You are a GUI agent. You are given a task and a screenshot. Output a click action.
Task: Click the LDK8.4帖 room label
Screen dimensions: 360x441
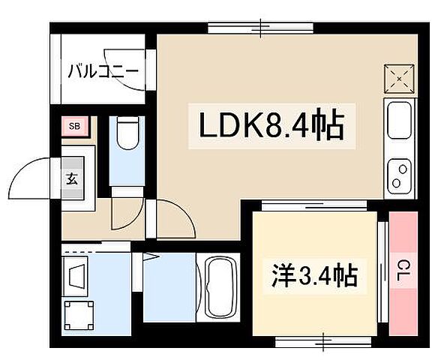coord(271,126)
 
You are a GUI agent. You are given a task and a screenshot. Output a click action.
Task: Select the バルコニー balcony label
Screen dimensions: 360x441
coord(102,72)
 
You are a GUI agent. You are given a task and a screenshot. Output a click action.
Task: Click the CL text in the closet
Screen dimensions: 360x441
coord(403,266)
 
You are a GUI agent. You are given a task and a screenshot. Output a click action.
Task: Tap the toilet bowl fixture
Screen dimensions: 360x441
coord(127,135)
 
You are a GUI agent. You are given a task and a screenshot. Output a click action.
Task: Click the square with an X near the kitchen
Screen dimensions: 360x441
coord(398,77)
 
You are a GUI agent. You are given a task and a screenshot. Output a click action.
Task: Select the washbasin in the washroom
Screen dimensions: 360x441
coord(77,273)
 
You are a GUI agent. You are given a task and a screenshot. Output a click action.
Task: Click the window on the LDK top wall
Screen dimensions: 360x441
coord(260,28)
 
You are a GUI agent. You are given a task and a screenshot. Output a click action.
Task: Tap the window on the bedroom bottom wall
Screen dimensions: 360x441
coord(323,341)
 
